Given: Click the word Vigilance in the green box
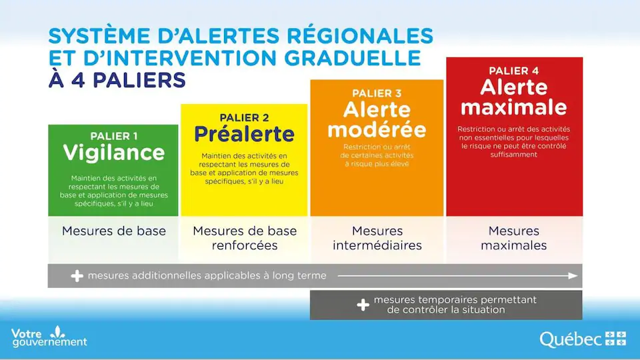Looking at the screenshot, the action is click(113, 153).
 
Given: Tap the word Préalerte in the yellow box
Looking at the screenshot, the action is click(244, 134).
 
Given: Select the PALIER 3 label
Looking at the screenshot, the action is click(377, 93).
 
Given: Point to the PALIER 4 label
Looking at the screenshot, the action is click(513, 71).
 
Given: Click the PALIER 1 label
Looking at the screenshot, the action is click(113, 136).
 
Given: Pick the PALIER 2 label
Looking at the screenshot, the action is click(244, 117).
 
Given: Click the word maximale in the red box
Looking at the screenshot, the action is click(513, 107).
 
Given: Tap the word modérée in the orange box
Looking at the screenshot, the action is click(377, 130).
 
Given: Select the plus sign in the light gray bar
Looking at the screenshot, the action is click(77, 276).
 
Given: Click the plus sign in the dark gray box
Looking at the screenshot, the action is click(363, 305).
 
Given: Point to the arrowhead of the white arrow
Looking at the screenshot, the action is click(573, 276).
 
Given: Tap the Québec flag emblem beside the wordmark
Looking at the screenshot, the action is click(615, 339).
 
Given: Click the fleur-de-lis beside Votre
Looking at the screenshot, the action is click(57, 331).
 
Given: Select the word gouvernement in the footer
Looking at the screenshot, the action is click(50, 342).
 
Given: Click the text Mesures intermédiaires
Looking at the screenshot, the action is click(377, 238).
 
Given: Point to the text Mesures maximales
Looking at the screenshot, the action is click(513, 238).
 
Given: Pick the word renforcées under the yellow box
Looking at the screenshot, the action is click(245, 245).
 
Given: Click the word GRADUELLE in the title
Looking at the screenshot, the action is click(352, 58).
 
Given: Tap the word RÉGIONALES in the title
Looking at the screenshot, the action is click(359, 35).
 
